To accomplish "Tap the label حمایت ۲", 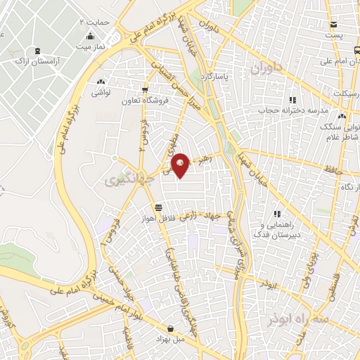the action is (94, 22).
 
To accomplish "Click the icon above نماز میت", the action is (89, 36).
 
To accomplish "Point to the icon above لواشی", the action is (103, 81).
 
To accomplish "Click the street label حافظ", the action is (333, 169).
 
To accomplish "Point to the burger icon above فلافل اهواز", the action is (159, 207).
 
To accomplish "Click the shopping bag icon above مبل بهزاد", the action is (171, 328).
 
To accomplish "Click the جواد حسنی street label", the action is (115, 283).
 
